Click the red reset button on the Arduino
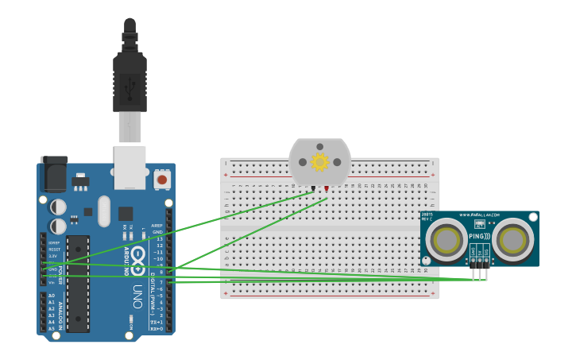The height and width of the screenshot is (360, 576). [x=162, y=180]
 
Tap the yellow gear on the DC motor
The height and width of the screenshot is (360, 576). [x=319, y=162]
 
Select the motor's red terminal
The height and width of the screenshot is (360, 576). [x=327, y=188]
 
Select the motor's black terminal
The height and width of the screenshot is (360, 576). [x=313, y=188]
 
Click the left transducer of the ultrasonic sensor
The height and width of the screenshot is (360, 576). [x=446, y=239]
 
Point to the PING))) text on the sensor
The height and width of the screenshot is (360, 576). [x=479, y=236]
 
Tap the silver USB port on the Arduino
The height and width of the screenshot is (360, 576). [x=130, y=166]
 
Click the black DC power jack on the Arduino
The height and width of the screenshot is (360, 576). [x=53, y=174]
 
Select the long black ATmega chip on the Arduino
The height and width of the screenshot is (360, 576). [x=78, y=283]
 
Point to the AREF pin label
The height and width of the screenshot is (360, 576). [x=157, y=226]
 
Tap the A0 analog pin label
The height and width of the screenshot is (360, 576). [x=52, y=296]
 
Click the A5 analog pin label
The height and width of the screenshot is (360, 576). [x=52, y=328]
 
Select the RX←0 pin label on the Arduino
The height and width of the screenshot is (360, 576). [x=157, y=328]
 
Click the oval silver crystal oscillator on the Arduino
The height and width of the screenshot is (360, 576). [x=104, y=211]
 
